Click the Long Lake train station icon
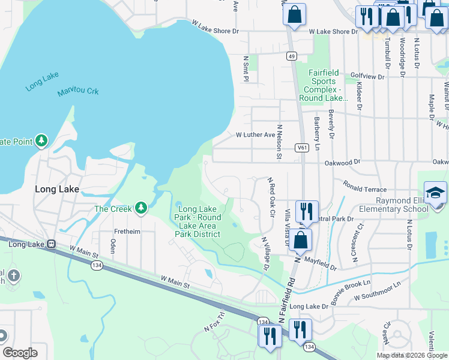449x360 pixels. [52, 244]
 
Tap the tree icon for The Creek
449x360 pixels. [141, 208]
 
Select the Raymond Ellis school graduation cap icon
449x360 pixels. [435, 193]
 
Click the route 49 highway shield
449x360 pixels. [291, 56]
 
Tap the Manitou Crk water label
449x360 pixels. [78, 92]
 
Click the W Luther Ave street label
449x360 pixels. [255, 136]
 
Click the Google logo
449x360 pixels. [20, 352]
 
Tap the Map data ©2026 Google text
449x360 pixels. [412, 355]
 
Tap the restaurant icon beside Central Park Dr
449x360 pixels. [307, 211]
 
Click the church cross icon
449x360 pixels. [14, 276]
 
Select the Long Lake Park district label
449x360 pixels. [198, 221]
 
